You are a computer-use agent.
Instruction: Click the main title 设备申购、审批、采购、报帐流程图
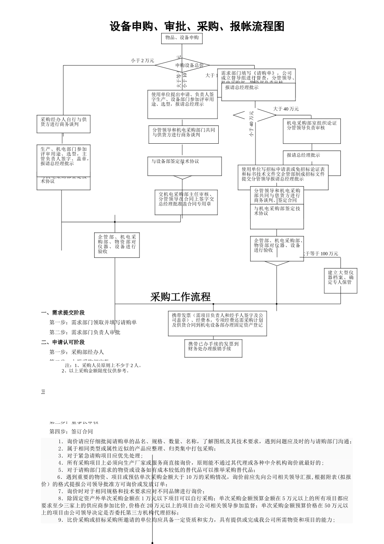click(x=197, y=27)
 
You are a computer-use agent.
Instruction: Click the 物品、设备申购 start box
click(x=182, y=38)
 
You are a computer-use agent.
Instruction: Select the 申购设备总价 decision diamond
click(x=189, y=65)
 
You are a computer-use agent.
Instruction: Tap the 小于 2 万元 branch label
click(x=142, y=61)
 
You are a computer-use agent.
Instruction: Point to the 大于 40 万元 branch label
click(x=286, y=109)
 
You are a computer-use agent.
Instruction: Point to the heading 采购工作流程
click(x=180, y=297)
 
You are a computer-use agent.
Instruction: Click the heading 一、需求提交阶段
click(x=63, y=313)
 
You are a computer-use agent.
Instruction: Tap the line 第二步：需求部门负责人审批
click(x=85, y=332)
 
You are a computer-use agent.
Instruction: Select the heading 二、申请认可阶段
click(x=63, y=342)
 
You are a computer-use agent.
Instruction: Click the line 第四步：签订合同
click(x=71, y=432)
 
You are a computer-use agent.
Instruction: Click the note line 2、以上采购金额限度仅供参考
click(x=95, y=371)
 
